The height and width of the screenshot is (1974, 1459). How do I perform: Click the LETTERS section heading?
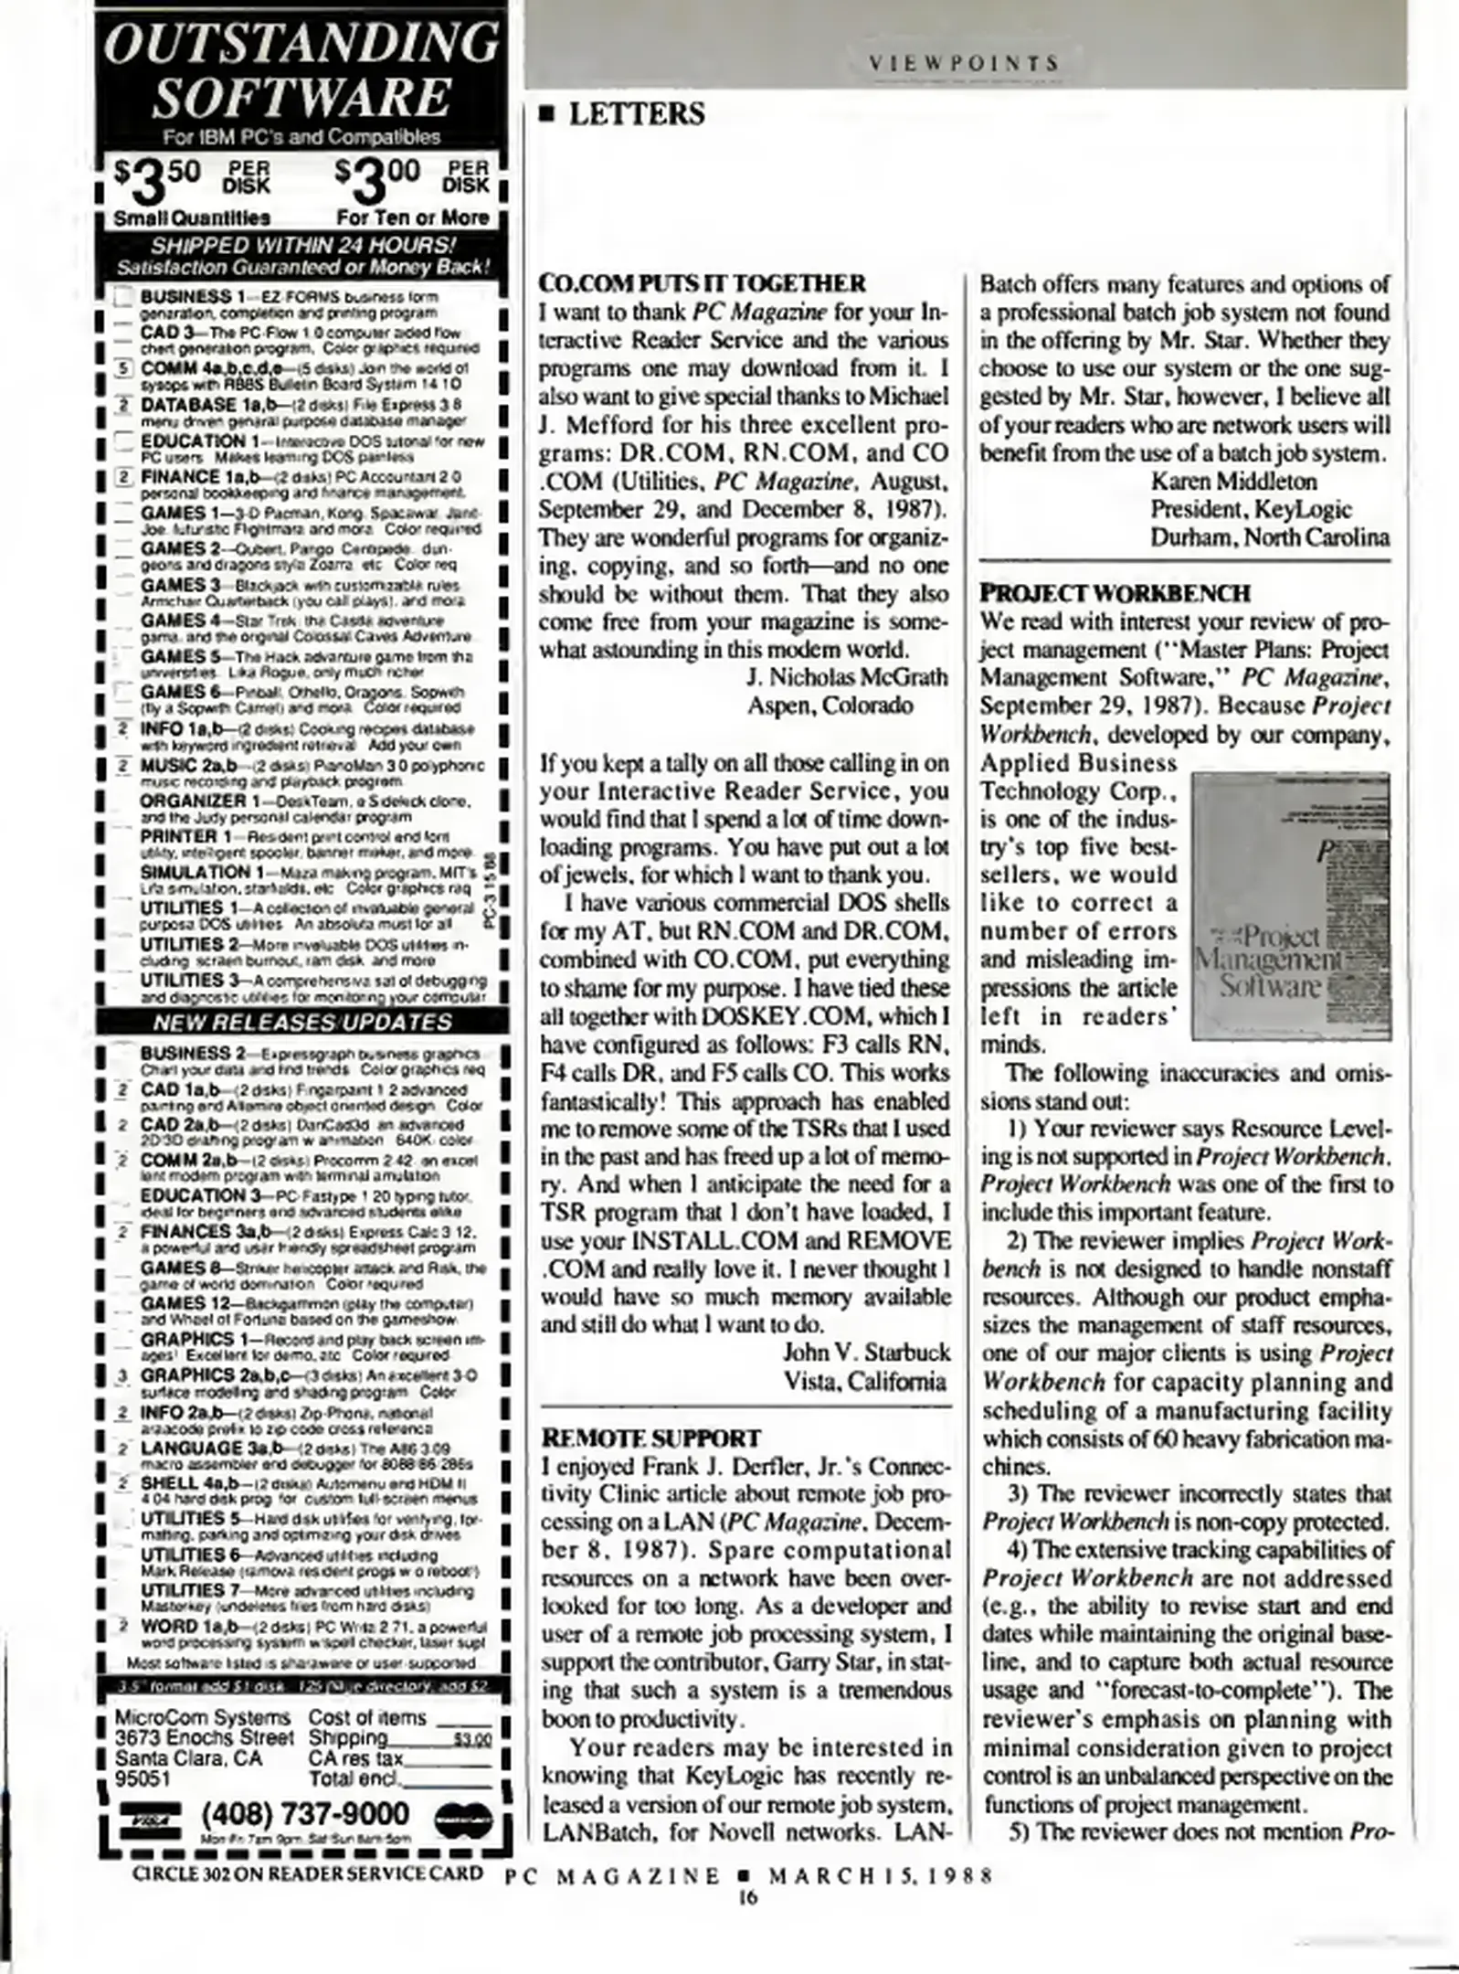pyautogui.click(x=636, y=114)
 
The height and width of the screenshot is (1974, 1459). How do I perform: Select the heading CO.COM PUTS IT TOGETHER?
pyautogui.click(x=702, y=283)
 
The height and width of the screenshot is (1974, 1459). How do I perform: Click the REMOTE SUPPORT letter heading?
pyautogui.click(x=650, y=1438)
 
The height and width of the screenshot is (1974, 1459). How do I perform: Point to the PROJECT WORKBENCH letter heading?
pyautogui.click(x=1115, y=593)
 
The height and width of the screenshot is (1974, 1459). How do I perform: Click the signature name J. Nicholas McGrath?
pyautogui.click(x=847, y=677)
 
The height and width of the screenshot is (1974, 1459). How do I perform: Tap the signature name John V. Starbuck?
pyautogui.click(x=866, y=1352)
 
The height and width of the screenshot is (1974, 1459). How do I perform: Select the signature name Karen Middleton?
pyautogui.click(x=1233, y=481)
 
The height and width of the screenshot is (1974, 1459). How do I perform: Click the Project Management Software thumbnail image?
pyautogui.click(x=1291, y=905)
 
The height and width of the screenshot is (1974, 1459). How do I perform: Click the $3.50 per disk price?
pyautogui.click(x=192, y=176)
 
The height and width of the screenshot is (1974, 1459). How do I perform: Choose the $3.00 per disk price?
pyautogui.click(x=412, y=176)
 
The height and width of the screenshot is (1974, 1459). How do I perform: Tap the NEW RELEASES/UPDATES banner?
pyautogui.click(x=301, y=1022)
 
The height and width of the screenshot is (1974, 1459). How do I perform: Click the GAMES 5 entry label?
pyautogui.click(x=179, y=656)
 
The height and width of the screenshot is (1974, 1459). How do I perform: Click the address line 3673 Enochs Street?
pyautogui.click(x=204, y=1737)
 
